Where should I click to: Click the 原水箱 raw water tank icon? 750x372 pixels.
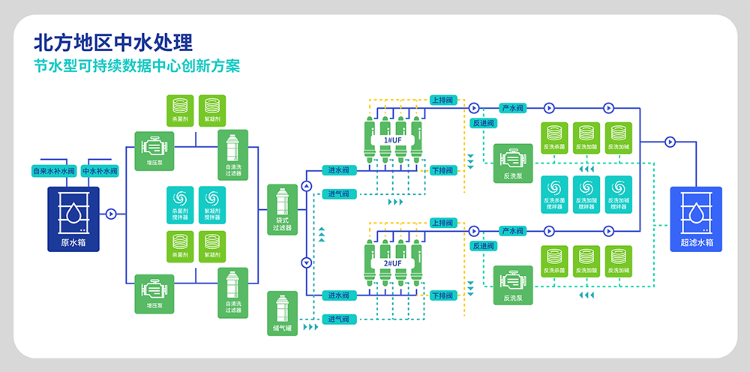[x=74, y=217]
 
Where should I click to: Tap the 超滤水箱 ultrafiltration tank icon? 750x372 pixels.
[x=695, y=217]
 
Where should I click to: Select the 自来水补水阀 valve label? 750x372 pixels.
[x=53, y=171]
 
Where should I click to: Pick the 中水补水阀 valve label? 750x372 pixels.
[x=100, y=171]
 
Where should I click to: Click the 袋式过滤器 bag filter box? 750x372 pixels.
[x=282, y=209]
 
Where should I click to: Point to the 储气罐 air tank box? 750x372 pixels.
[x=282, y=313]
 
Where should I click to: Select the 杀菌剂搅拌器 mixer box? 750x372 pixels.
[x=180, y=205]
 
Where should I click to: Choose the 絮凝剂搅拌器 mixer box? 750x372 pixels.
[x=212, y=205]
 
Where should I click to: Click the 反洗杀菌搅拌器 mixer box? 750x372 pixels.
[x=555, y=194]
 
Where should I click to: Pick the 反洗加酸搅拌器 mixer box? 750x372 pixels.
[x=587, y=194]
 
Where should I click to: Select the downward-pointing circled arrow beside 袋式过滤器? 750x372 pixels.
[x=306, y=262]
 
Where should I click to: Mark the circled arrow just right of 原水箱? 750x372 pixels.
[x=111, y=214]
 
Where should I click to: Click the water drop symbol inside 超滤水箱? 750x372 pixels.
[x=695, y=213]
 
